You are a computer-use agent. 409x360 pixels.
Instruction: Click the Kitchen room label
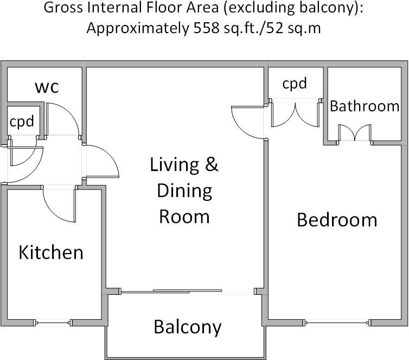pyautogui.click(x=51, y=252)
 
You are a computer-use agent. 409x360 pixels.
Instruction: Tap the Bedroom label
pyautogui.click(x=337, y=220)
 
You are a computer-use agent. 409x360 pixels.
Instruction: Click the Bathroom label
pyautogui.click(x=365, y=106)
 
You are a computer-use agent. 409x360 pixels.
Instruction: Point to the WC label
pyautogui.click(x=47, y=86)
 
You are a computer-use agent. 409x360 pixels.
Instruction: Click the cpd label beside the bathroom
pyautogui.click(x=295, y=84)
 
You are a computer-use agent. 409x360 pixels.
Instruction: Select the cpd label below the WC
pyautogui.click(x=22, y=121)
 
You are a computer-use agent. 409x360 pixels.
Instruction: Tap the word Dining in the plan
pyautogui.click(x=184, y=191)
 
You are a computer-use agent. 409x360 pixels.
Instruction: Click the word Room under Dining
pyautogui.click(x=184, y=217)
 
